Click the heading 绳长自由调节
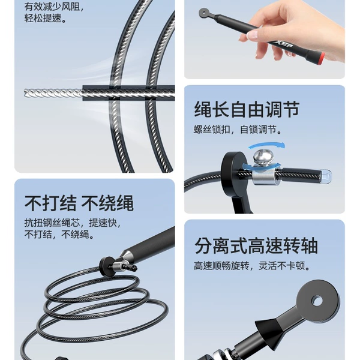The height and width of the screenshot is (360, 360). (x=247, y=109)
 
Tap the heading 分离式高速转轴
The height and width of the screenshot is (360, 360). (x=256, y=245)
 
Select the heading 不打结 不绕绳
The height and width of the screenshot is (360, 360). (x=79, y=203)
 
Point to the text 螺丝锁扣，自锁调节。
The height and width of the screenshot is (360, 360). (x=238, y=130)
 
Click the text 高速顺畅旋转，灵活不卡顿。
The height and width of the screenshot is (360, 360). (x=252, y=266)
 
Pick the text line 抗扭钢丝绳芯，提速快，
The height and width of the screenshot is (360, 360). (x=73, y=223)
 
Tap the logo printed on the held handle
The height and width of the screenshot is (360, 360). (x=283, y=44)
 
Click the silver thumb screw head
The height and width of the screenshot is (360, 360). (x=263, y=156)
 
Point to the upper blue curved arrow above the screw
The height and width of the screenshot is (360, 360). (x=267, y=146)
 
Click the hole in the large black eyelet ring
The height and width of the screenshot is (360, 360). (x=317, y=301)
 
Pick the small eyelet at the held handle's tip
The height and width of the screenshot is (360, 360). (x=204, y=13)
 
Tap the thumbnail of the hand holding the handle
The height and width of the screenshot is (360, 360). (x=251, y=34)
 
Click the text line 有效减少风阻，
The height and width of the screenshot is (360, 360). (x=54, y=7)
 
